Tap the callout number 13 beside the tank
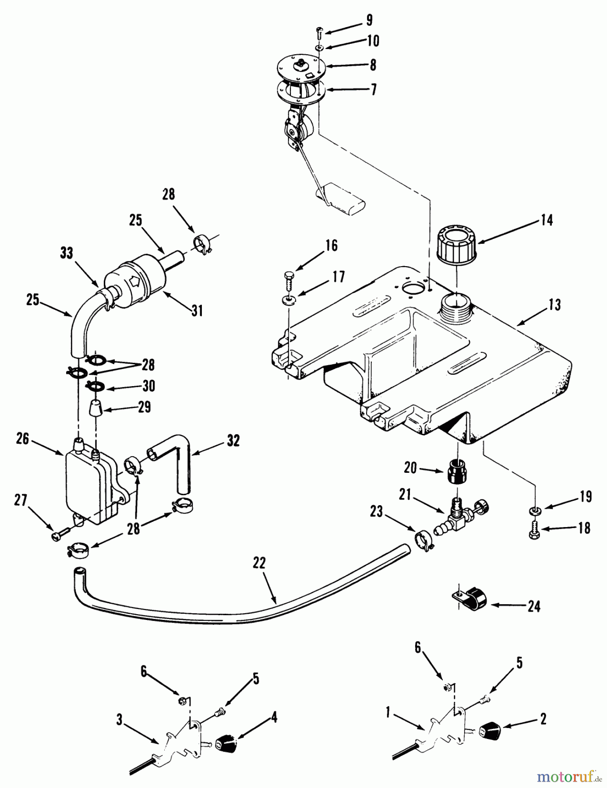tap(555, 305)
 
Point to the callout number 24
tap(534, 606)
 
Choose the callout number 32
tap(233, 441)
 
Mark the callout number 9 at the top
tap(369, 20)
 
